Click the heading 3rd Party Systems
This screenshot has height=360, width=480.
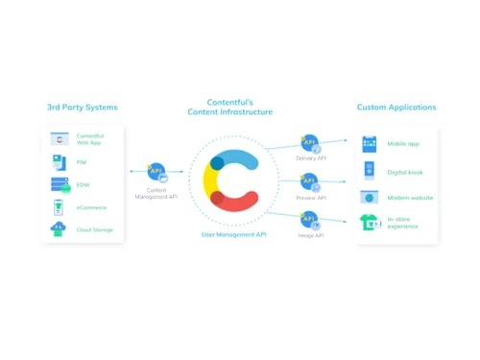(82, 108)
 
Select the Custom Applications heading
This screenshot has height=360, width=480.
(396, 108)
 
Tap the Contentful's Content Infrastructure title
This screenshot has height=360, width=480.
(239, 108)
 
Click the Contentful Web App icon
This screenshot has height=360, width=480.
(60, 139)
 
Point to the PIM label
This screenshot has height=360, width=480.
(81, 162)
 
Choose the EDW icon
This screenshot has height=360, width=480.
(60, 185)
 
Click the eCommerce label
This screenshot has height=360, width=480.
(91, 207)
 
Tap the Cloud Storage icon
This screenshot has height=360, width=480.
(60, 229)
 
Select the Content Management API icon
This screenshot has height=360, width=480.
(156, 172)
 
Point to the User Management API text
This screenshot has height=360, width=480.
(234, 234)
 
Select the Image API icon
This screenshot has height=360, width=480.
(310, 218)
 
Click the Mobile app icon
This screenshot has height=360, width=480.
(370, 144)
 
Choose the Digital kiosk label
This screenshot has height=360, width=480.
(404, 171)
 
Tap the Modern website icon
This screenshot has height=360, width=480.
(370, 198)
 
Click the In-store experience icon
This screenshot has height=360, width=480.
(370, 223)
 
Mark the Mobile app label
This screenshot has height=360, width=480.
(402, 144)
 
